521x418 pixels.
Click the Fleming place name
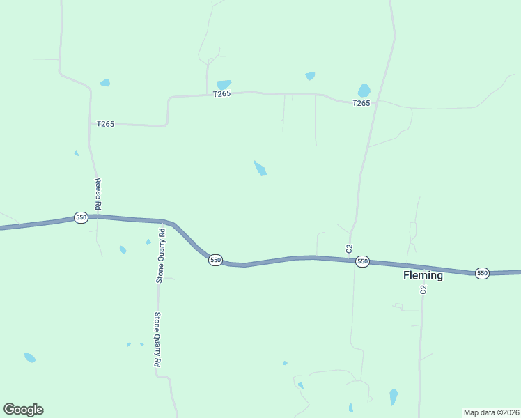[x=423, y=275]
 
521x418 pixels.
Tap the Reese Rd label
[x=98, y=193]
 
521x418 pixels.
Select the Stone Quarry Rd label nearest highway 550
[x=160, y=255]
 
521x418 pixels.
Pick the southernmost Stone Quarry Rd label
[x=157, y=339]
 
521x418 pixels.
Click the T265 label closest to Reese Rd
[x=105, y=123]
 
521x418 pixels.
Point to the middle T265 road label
[x=221, y=94]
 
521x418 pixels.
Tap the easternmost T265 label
[x=361, y=103]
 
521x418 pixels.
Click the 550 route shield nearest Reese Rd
[x=81, y=217]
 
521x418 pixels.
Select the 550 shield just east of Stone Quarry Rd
[x=215, y=260]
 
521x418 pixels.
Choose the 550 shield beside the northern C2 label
[x=361, y=261]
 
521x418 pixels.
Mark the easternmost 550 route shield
[x=482, y=272]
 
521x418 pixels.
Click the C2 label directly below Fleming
[x=423, y=289]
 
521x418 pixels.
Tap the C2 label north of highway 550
[x=350, y=248]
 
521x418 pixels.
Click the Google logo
[x=23, y=410]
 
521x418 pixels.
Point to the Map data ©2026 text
[x=491, y=412]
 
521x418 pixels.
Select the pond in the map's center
[x=260, y=168]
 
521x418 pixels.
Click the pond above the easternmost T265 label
[x=364, y=91]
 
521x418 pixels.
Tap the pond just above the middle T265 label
[x=224, y=84]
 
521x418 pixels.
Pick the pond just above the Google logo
[x=30, y=357]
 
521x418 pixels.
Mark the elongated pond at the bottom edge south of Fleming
[x=394, y=397]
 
